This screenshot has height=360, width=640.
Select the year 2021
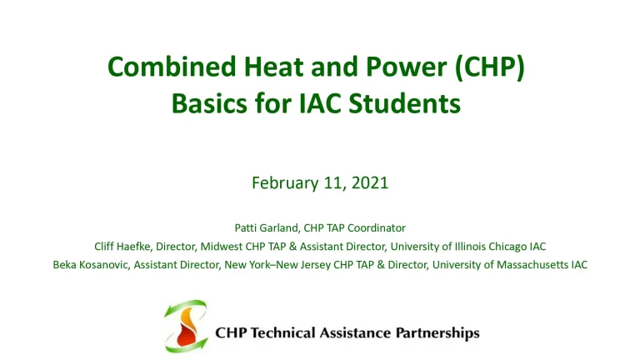coord(370,183)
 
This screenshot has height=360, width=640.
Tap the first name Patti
coord(247,227)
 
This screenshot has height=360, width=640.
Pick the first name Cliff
coord(107,246)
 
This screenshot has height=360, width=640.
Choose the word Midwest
coord(222,246)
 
